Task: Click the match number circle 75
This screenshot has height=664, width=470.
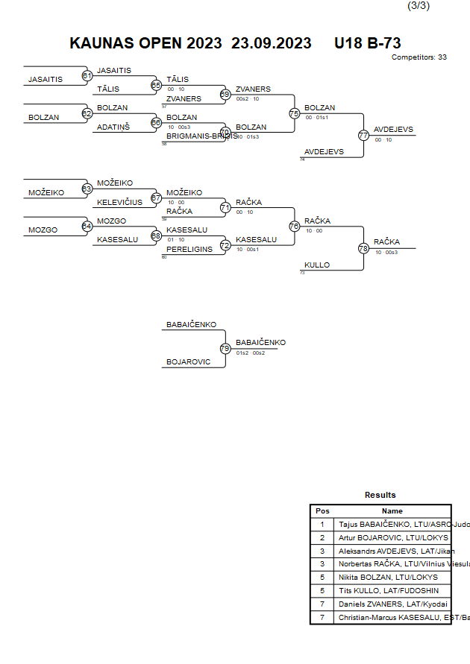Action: tap(294, 114)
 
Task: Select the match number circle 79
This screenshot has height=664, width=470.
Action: tap(225, 348)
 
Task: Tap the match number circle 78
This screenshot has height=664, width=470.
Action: tap(364, 248)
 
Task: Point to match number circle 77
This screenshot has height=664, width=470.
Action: tap(363, 136)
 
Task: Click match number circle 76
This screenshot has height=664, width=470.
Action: tap(294, 226)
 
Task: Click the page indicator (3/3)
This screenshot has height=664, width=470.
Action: tap(418, 6)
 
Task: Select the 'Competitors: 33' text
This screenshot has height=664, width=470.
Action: tap(419, 57)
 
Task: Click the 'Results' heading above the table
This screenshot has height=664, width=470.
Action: tap(380, 495)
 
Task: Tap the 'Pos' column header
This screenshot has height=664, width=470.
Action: tap(322, 511)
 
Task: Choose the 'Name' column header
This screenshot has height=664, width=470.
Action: tap(392, 511)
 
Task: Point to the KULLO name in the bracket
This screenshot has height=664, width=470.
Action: tap(317, 265)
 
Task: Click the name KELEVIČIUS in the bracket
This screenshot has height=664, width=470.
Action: tap(119, 202)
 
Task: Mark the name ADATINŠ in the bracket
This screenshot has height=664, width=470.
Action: tap(114, 127)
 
